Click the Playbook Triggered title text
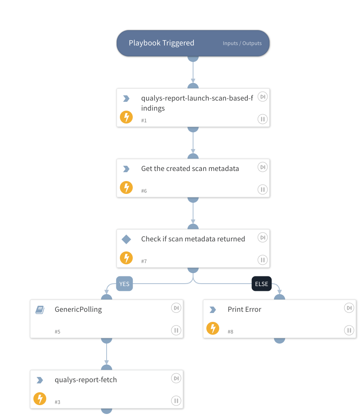point(161,43)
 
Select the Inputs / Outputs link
point(242,43)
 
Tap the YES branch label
point(124,284)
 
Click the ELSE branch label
point(261,284)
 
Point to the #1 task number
point(144,120)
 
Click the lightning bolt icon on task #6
point(126,187)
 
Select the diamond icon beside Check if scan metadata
point(126,240)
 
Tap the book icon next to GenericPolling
point(40,310)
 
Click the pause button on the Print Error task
point(349,330)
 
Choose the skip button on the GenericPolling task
point(176,308)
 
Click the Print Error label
point(244,309)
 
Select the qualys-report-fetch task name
point(86,380)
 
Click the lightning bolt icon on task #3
point(39,399)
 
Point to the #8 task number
point(230,332)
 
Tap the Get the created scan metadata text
point(190,169)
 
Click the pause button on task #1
point(262,119)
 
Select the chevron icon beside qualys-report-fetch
point(40,380)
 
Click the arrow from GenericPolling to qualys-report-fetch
point(107,354)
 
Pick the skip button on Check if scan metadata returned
point(262,238)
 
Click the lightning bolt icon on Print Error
point(213,329)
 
